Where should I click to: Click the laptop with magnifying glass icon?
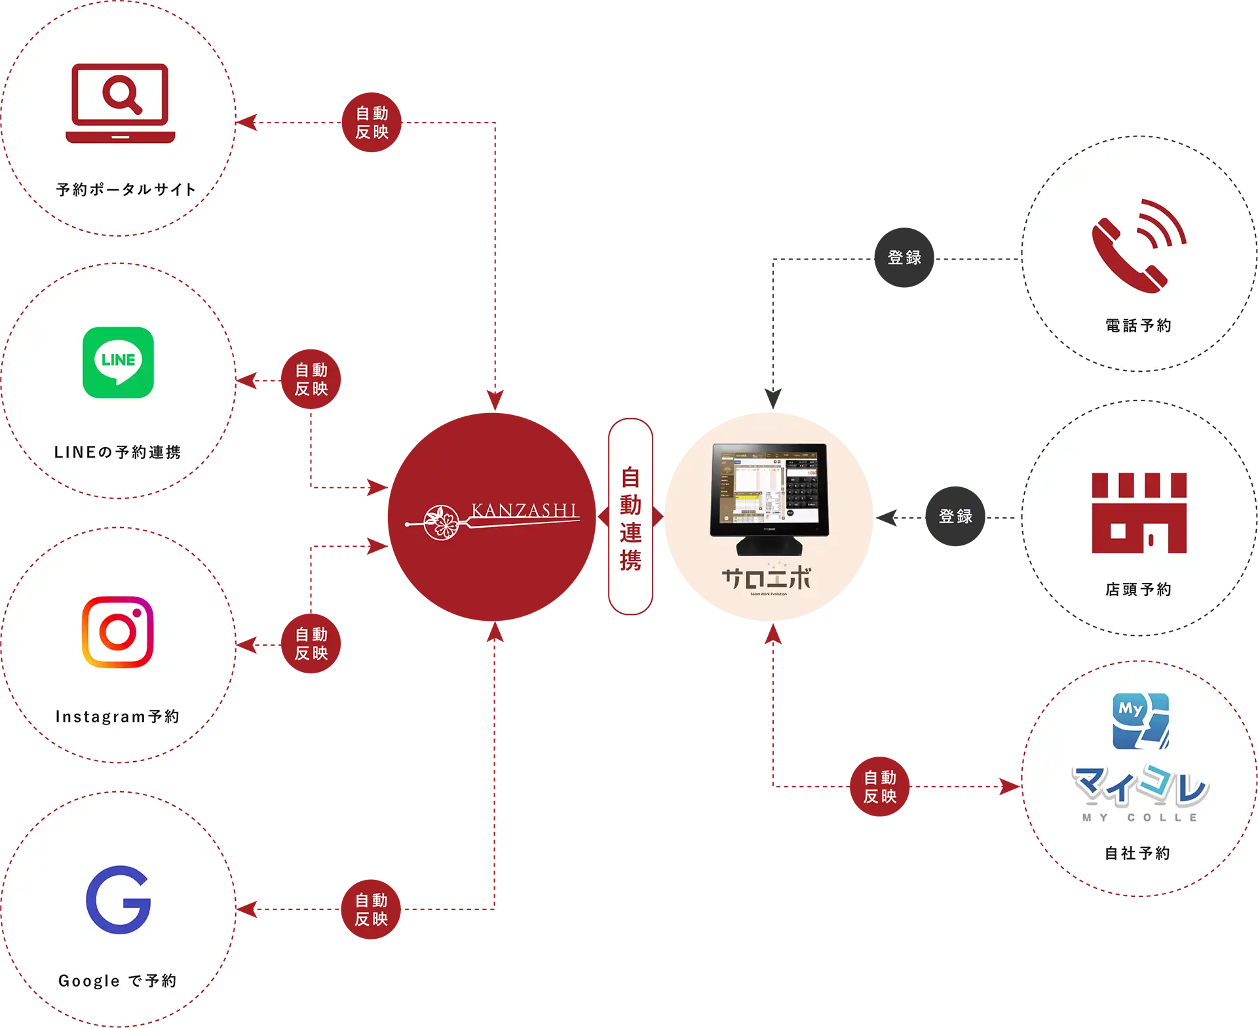120,103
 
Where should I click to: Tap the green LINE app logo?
118,362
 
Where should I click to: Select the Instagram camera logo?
118,631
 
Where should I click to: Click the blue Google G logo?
119,899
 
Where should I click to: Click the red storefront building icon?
1139,513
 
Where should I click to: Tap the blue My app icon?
1141,721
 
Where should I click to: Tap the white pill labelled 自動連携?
630,517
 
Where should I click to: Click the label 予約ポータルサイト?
126,189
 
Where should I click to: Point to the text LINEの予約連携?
117,452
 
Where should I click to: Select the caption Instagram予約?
117,717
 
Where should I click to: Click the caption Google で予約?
117,981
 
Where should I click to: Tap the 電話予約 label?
1138,325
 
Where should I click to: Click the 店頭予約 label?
1138,589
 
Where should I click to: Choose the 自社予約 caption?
1137,853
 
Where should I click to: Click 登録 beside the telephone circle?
904,258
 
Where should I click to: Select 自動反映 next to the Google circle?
372,909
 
